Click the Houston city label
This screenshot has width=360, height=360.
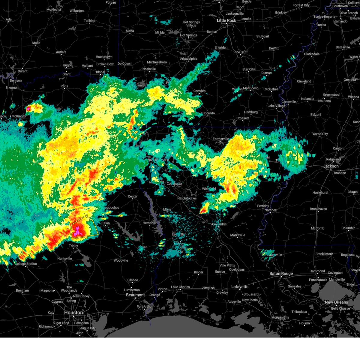[73, 313]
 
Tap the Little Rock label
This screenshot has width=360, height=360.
[226, 20]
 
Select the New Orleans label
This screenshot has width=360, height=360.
[336, 302]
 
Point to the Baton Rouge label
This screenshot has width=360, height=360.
[281, 273]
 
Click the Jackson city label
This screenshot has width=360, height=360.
[331, 166]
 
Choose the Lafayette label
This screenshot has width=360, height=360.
[240, 286]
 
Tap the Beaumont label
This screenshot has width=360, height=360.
[135, 295]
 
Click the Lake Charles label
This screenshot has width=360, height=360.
[180, 287]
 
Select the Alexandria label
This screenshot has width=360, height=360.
[219, 224]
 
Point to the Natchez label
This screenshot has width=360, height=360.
[270, 210]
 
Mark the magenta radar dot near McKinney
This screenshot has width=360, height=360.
[28, 108]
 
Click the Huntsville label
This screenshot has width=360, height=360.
[64, 259]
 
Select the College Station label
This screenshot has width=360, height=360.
[26, 264]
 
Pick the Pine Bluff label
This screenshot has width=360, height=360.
[241, 52]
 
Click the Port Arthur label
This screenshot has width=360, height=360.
[145, 307]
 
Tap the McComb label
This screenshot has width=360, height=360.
[317, 228]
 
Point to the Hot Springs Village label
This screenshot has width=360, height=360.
[191, 24]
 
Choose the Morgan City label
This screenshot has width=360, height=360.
[280, 317]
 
